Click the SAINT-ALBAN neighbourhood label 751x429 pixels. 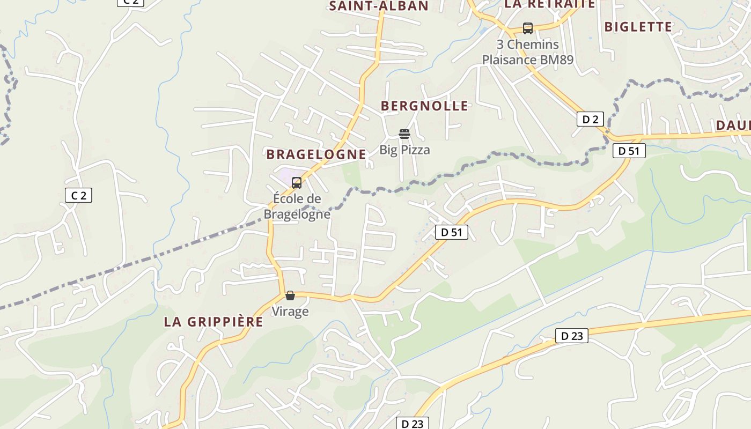tap(379, 6)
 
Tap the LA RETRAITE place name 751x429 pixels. tap(550, 4)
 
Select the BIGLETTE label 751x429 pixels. tap(638, 27)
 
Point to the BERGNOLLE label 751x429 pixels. tap(424, 106)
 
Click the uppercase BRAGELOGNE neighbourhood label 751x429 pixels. tap(316, 154)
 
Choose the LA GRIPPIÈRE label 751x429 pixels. tap(213, 322)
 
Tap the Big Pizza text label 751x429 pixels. tap(404, 150)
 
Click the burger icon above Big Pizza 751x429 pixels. tap(404, 134)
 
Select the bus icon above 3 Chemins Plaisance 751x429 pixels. tap(528, 28)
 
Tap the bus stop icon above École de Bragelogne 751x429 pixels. tap(297, 183)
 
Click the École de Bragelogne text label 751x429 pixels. tap(297, 206)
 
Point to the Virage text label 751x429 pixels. tap(290, 312)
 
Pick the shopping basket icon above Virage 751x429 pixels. tap(290, 295)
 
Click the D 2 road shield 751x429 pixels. tap(590, 119)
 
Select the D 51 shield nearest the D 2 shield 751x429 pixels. tap(629, 151)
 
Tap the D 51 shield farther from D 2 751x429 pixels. tap(452, 232)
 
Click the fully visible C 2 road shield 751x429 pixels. tap(79, 195)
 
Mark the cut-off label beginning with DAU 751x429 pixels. tap(733, 125)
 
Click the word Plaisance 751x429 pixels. tap(509, 60)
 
